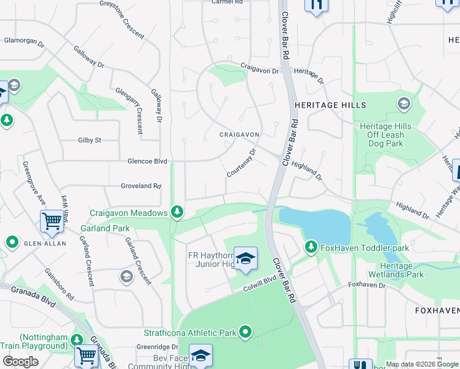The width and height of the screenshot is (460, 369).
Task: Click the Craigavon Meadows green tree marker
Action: [x=177, y=212]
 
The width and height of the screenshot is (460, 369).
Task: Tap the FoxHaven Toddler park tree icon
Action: [x=311, y=248]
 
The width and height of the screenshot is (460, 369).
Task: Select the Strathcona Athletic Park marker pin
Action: [x=246, y=333]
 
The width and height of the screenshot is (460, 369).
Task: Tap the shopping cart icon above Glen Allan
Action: [x=52, y=221]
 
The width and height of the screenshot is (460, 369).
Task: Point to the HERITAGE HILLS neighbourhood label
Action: [x=330, y=105]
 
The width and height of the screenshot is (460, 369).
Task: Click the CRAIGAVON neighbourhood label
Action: [x=239, y=134]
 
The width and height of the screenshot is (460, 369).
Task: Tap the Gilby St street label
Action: [x=89, y=140]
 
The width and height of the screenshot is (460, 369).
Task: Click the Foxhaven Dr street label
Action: [x=367, y=285]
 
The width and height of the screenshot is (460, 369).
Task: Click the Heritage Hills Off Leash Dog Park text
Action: [x=382, y=135]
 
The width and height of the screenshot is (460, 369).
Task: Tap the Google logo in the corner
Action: [x=21, y=362]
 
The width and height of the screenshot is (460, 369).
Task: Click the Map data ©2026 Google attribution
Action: [x=421, y=364]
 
